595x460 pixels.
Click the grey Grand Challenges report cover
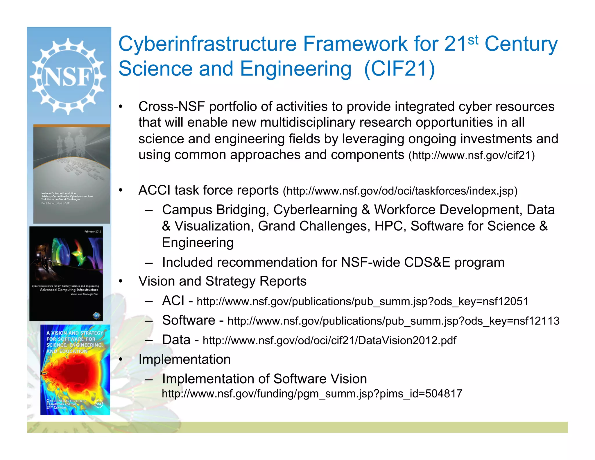71,174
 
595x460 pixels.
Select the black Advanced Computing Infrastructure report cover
66,274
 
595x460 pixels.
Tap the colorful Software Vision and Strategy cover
75,370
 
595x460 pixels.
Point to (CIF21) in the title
399,69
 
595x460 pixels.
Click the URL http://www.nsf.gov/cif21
472,156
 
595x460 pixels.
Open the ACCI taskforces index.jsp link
400,191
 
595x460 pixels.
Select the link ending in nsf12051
362,302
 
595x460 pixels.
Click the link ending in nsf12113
393,321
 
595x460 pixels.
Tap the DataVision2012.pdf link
329,340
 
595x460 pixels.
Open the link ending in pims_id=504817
312,394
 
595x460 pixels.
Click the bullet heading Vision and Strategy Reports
222,281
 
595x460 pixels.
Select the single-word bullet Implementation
184,360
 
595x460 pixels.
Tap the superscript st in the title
473,40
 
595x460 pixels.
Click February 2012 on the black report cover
93,232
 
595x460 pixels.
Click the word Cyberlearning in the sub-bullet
315,210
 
